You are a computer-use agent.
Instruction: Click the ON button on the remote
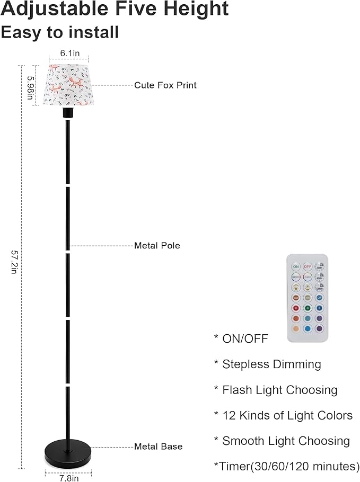pos(296,266)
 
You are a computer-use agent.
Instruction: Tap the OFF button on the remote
pos(307,266)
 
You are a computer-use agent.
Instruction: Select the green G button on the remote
pos(307,308)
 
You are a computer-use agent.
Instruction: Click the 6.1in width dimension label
pos(67,53)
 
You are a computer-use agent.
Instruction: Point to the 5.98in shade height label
pos(31,85)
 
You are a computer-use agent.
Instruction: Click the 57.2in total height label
pos(14,262)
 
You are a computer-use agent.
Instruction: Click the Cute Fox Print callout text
pos(165,85)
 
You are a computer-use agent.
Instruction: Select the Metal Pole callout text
pos(157,245)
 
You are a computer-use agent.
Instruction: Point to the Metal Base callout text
pos(158,447)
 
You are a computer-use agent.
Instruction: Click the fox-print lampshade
pos(67,85)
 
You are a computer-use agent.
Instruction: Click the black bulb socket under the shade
pos(67,113)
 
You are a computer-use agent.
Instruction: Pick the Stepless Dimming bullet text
pos(271,364)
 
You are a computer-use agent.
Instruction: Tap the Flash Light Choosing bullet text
pos(279,390)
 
